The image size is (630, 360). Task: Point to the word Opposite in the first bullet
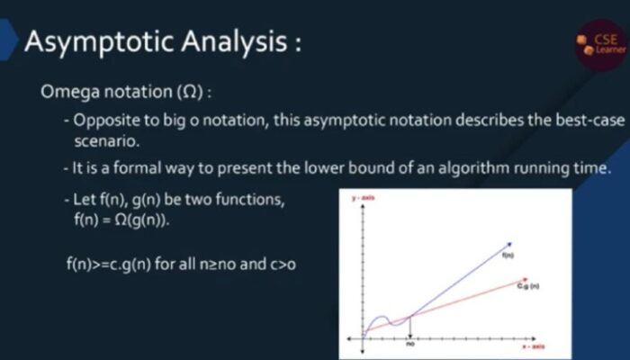pyautogui.click(x=105, y=121)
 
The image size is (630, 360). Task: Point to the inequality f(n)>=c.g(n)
pyautogui.click(x=104, y=267)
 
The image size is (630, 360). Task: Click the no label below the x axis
pyautogui.click(x=409, y=344)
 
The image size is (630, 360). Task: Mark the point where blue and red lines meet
pyautogui.click(x=409, y=316)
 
